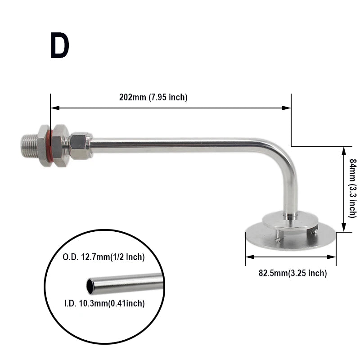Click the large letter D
coord(59,46)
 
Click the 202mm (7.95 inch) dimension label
coord(153,97)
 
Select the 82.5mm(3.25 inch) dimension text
coord(292,273)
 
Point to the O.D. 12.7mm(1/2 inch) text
coord(103,257)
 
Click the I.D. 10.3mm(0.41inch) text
coord(103,304)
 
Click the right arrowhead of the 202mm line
coord(288,108)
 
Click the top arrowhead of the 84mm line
coord(344,150)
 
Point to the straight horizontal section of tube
coord(180,145)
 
